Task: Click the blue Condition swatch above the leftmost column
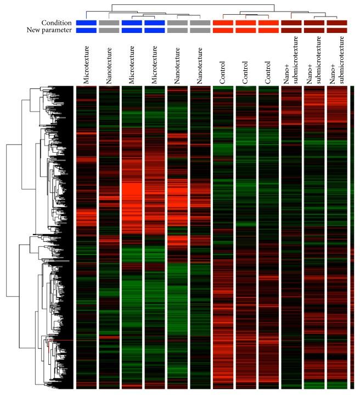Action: point(87,23)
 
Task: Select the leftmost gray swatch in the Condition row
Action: point(109,23)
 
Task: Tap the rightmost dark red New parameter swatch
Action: point(336,30)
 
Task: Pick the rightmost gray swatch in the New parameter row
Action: point(200,30)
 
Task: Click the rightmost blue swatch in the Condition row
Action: point(155,23)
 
